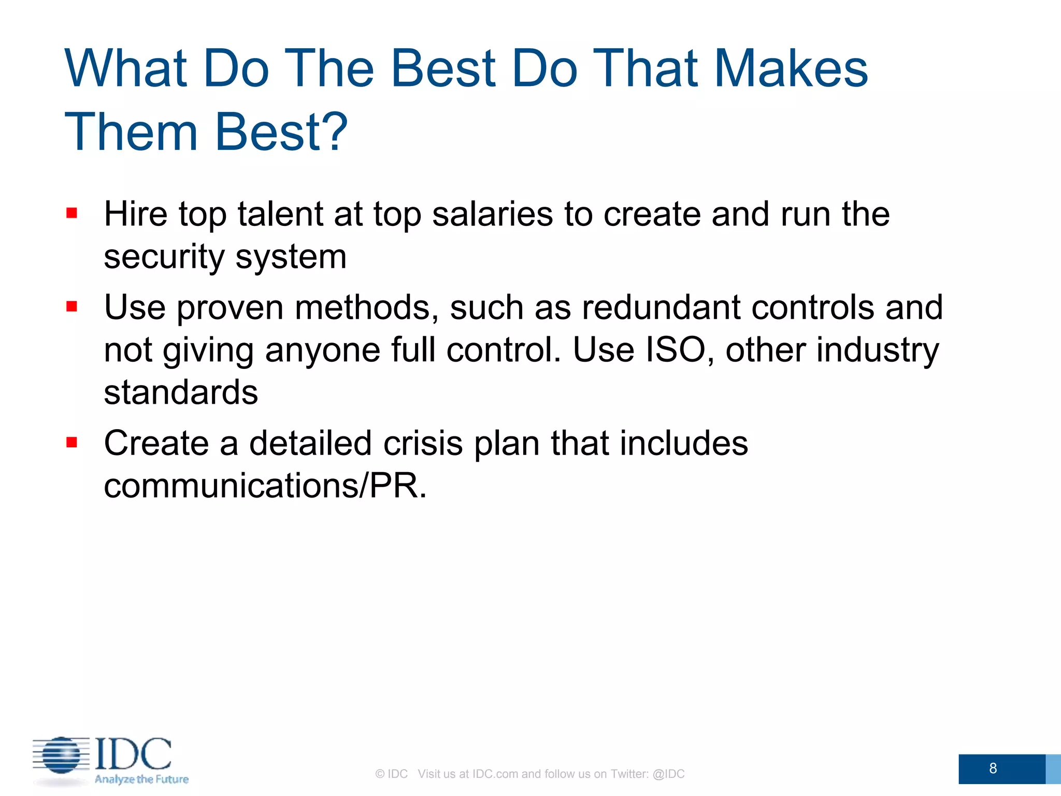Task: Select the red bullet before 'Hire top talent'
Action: click(x=71, y=213)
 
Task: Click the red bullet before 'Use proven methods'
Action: click(x=71, y=307)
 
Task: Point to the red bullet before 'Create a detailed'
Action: click(x=71, y=443)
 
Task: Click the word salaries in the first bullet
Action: click(x=492, y=214)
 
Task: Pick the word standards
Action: click(x=181, y=392)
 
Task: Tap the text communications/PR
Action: click(x=265, y=486)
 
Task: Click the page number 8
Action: click(x=993, y=768)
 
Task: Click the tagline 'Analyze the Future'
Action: click(x=141, y=779)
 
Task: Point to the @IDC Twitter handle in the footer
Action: click(x=668, y=774)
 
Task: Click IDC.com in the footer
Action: click(x=495, y=774)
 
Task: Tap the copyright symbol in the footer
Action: click(x=380, y=774)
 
